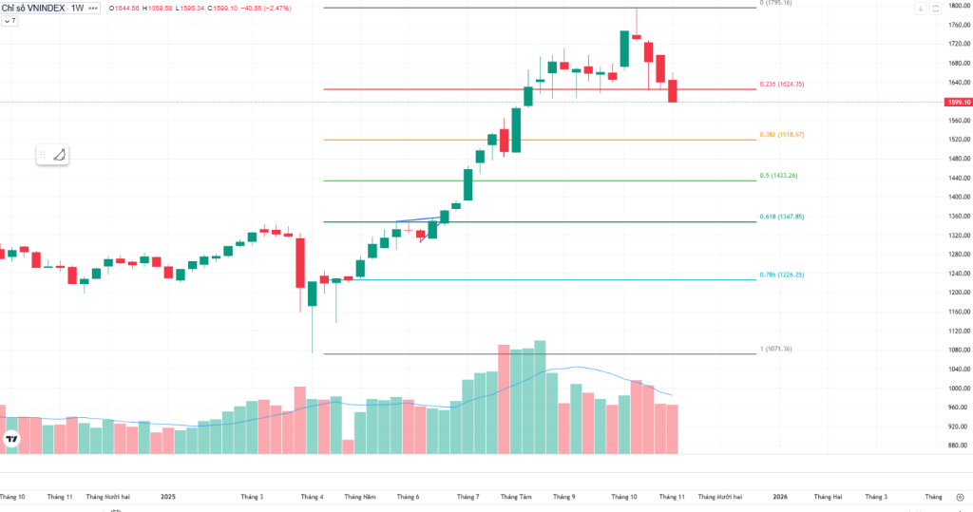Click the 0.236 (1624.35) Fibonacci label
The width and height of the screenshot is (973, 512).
point(782,85)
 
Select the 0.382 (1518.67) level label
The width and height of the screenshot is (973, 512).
point(782,135)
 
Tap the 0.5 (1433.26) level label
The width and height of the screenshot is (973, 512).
point(778,176)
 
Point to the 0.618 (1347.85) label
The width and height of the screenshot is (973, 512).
point(782,218)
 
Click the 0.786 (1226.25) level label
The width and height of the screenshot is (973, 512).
point(782,275)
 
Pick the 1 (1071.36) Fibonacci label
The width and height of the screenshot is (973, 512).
point(774,349)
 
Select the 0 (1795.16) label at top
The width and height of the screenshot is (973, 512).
point(774,4)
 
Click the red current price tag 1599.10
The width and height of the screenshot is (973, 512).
point(958,102)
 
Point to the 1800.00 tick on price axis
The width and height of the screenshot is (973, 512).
point(956,7)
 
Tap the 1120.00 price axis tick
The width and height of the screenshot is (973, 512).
point(956,331)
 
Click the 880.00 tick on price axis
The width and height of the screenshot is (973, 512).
point(956,446)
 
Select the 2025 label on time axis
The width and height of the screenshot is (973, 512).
point(168,496)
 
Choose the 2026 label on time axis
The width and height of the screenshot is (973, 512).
point(780,496)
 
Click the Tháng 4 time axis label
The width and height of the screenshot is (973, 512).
point(312,496)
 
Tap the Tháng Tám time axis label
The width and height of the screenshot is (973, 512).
point(516,496)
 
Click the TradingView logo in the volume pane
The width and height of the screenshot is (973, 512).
point(11,438)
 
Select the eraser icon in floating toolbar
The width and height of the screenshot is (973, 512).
point(59,155)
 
